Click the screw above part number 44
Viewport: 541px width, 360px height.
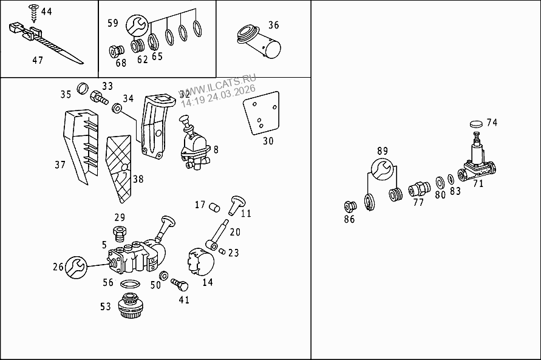[x=32, y=10]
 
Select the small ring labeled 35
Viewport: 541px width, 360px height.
[x=83, y=87]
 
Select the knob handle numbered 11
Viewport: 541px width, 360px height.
[x=236, y=204]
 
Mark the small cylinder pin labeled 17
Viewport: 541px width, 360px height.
[x=213, y=208]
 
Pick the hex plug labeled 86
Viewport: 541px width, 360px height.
[x=349, y=205]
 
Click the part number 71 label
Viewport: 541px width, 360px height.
[x=478, y=183]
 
